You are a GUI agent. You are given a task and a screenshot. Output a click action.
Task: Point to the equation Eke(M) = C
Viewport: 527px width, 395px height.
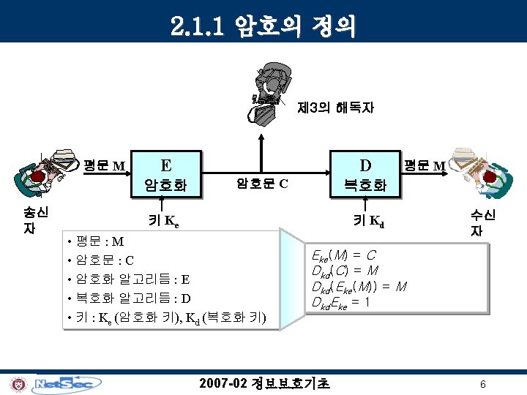[x=343, y=255]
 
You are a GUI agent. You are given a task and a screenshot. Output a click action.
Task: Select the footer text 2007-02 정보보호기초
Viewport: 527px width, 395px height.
[x=264, y=383]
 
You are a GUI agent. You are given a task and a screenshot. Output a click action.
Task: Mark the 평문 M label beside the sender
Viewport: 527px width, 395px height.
[x=105, y=165]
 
